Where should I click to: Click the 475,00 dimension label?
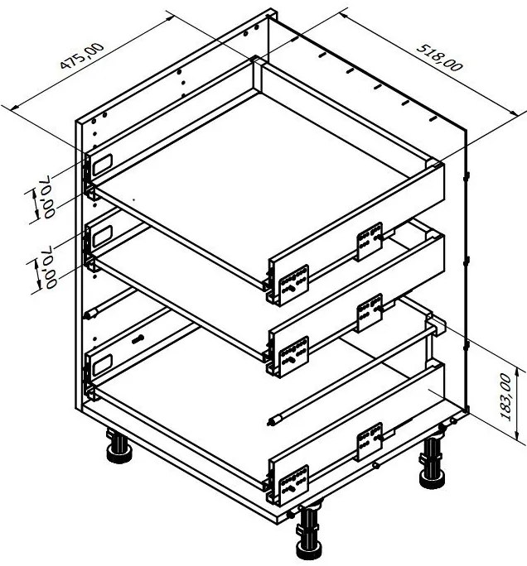coord(82,55)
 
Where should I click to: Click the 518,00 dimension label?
coord(439,58)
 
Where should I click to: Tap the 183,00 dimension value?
coord(506,397)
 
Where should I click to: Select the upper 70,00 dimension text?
coord(49,196)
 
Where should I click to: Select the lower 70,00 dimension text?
coord(50,267)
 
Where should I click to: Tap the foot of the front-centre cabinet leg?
coord(309,551)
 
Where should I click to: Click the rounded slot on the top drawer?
coord(103,165)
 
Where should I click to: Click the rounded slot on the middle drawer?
coord(103,236)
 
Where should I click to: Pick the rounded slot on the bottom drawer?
coord(103,365)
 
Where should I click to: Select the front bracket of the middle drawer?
coord(294,356)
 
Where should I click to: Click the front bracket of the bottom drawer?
coord(294,485)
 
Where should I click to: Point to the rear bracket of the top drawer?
coord(370,241)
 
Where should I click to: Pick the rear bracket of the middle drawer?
coord(370,313)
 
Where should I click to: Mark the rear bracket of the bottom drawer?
coord(370,442)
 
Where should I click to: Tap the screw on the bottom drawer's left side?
coord(138,339)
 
